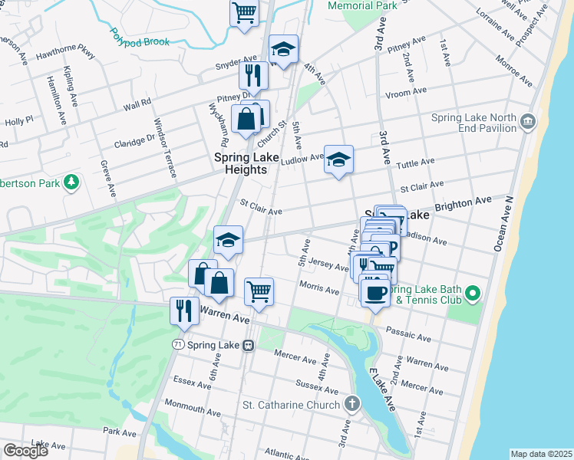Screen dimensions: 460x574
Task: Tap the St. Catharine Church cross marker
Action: coord(351,403)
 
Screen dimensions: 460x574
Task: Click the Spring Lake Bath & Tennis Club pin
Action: coord(473,294)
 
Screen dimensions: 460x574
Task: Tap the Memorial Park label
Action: coord(362,6)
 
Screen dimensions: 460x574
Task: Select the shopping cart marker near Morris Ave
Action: coord(259,292)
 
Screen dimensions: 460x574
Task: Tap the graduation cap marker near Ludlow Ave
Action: coord(338,159)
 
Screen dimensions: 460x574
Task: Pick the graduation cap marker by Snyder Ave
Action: coord(283,50)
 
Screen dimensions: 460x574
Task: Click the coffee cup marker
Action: coord(375,292)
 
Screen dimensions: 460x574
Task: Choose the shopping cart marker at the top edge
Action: coord(244,12)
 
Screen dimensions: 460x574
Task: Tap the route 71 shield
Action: coord(178,346)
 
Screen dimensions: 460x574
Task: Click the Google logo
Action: coord(25,451)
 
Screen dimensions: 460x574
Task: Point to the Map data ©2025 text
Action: coord(541,454)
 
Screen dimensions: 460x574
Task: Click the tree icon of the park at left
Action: coord(71,182)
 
